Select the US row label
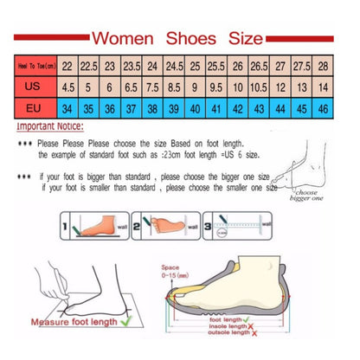(34, 87)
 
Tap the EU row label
(34, 108)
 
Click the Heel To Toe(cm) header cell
(34, 66)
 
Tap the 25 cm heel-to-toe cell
(196, 66)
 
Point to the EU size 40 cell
(196, 108)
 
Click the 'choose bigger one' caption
(309, 195)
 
